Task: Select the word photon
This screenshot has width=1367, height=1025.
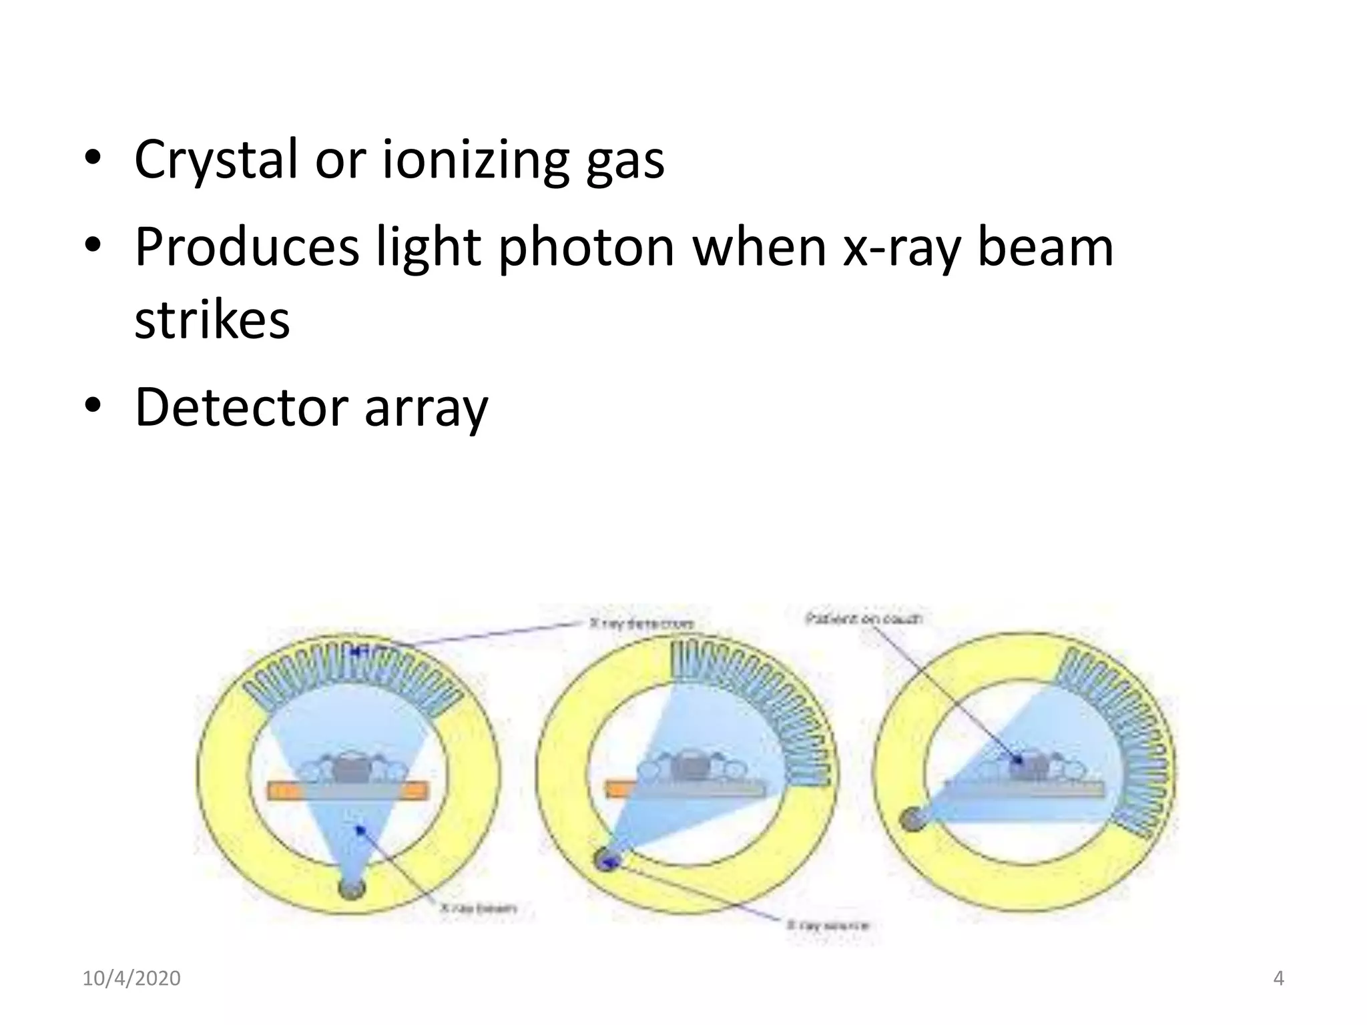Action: (x=587, y=247)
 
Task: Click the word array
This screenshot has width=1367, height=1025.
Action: (x=426, y=408)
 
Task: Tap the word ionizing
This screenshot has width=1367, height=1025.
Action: (x=475, y=160)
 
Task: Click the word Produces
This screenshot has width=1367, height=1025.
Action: (x=246, y=247)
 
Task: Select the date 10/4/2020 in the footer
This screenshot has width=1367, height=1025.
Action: (x=131, y=978)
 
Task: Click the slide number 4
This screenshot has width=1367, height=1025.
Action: (x=1278, y=978)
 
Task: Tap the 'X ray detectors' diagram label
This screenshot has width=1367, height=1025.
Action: (x=642, y=624)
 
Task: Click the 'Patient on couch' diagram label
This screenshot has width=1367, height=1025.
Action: (x=863, y=619)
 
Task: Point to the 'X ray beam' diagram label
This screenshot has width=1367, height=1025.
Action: (x=478, y=908)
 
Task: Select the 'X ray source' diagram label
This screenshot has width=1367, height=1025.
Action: (x=828, y=926)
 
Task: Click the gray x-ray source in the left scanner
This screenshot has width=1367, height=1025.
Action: (x=352, y=888)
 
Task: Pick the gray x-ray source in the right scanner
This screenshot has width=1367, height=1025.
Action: (x=911, y=819)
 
